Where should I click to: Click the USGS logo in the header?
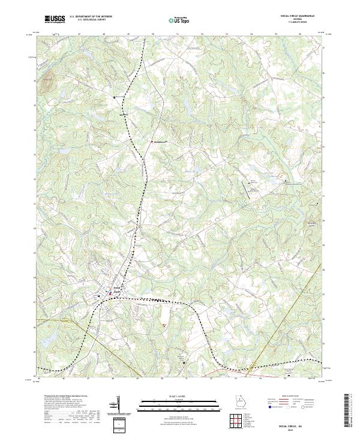point(55,19)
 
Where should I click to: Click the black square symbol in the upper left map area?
point(115,96)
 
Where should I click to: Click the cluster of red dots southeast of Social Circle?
point(163,325)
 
